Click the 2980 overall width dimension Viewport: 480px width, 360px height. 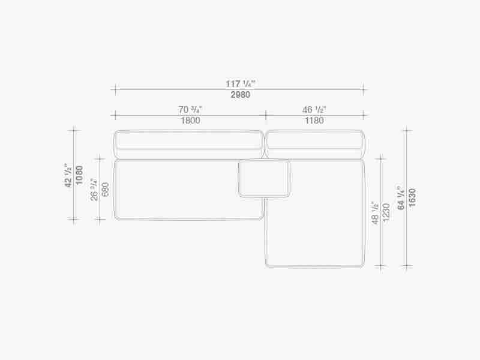coord(241,95)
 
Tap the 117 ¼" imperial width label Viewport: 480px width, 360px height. coord(241,83)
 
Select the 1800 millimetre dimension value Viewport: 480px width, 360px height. coord(190,121)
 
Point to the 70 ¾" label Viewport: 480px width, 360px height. coord(190,109)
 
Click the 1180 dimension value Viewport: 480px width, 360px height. coord(314,121)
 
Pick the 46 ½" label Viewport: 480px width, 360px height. coord(314,109)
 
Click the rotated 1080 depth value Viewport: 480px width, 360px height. coord(79,175)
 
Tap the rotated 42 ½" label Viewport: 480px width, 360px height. coord(68,175)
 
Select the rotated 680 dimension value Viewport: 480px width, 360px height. coord(106,190)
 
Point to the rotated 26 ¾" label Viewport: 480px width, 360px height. coord(94,190)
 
